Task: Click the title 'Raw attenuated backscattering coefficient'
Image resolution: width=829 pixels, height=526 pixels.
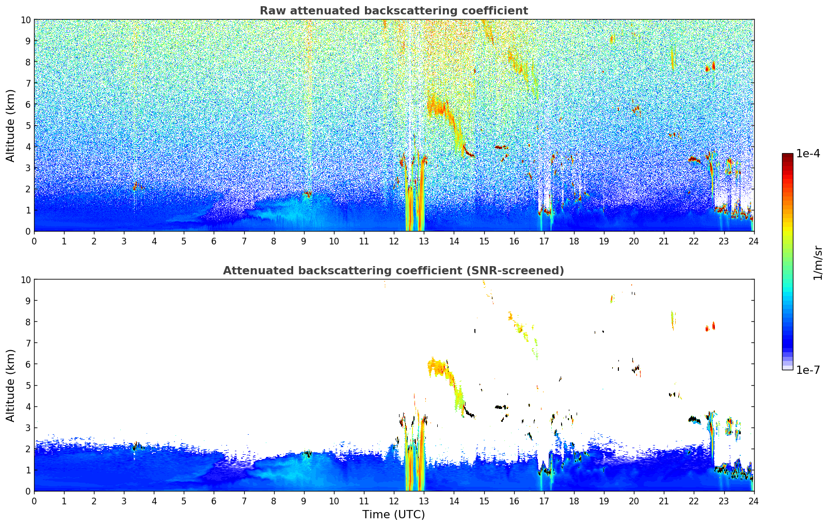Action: click(393, 11)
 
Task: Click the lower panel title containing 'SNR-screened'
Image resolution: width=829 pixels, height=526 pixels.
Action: click(393, 271)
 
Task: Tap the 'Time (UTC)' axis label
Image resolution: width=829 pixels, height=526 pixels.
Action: click(393, 514)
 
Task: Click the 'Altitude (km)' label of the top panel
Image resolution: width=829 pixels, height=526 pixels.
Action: click(11, 125)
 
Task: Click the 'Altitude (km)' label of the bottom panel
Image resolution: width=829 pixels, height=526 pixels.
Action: click(11, 385)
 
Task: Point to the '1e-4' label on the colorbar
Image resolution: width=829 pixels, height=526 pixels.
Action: click(808, 154)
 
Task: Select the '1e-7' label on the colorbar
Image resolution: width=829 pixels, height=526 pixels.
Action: click(808, 370)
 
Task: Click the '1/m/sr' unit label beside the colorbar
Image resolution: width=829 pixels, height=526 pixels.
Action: click(817, 262)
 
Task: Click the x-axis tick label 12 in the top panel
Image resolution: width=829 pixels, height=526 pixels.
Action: click(394, 241)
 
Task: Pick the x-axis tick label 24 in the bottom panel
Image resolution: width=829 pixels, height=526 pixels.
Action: click(754, 501)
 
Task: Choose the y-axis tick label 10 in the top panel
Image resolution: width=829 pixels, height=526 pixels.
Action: click(25, 20)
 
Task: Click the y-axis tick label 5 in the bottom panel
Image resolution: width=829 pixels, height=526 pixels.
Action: click(28, 385)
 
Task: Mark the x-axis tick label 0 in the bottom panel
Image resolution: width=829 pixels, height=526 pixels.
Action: click(35, 501)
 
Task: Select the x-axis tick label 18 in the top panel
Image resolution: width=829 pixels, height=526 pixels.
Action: click(573, 241)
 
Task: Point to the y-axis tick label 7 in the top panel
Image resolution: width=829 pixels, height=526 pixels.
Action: click(28, 83)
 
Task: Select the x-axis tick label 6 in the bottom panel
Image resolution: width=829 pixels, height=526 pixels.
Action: click(214, 501)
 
